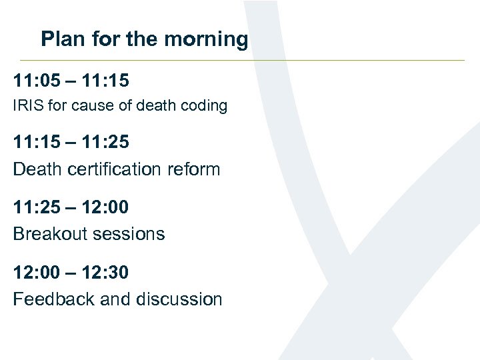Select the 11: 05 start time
(x=37, y=81)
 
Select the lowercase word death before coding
(x=153, y=105)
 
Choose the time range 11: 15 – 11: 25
(x=71, y=143)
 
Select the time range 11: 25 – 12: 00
(x=71, y=207)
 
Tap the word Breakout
(x=46, y=233)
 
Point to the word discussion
(x=179, y=299)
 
